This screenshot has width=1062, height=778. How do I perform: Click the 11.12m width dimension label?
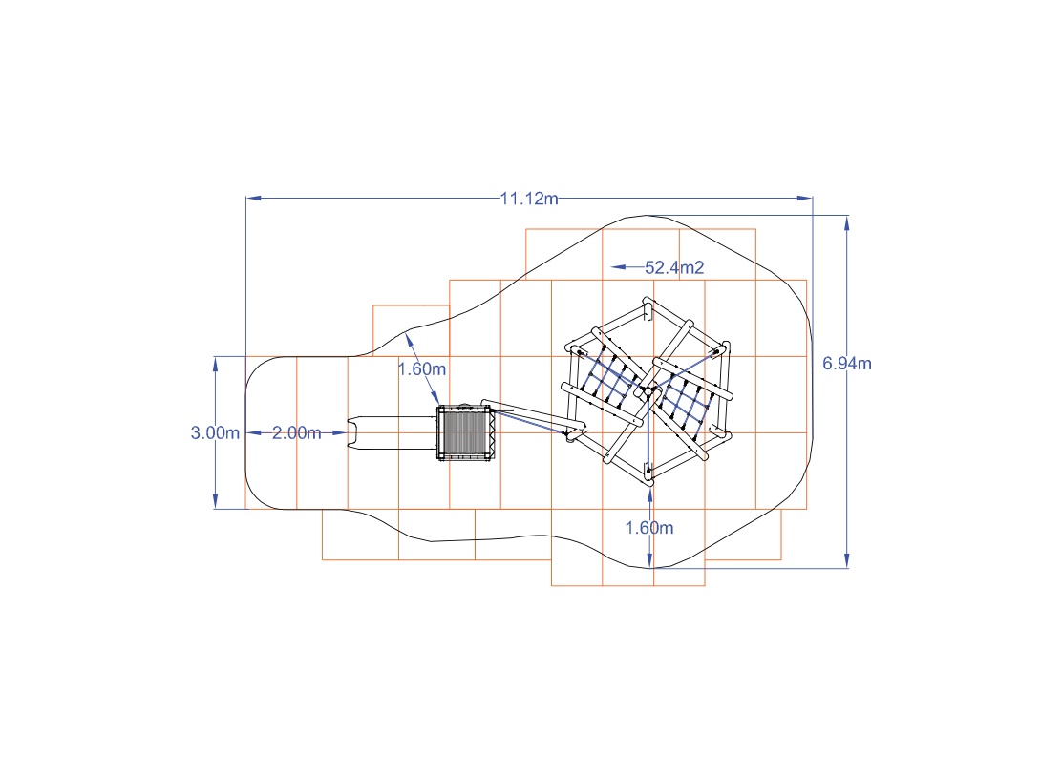coord(529,199)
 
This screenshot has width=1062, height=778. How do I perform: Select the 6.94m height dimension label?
coord(846,364)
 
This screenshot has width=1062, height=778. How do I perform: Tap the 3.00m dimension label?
coord(215,432)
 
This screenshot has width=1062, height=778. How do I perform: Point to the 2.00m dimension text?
coord(296,432)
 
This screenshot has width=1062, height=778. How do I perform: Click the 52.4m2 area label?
coord(674,267)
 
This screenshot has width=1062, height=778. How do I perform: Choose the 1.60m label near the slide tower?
coord(421,369)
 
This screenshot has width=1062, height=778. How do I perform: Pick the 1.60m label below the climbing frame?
coord(648,528)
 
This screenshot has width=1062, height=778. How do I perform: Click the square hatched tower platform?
coord(464,432)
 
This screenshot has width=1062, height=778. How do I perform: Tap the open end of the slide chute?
coord(351,433)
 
